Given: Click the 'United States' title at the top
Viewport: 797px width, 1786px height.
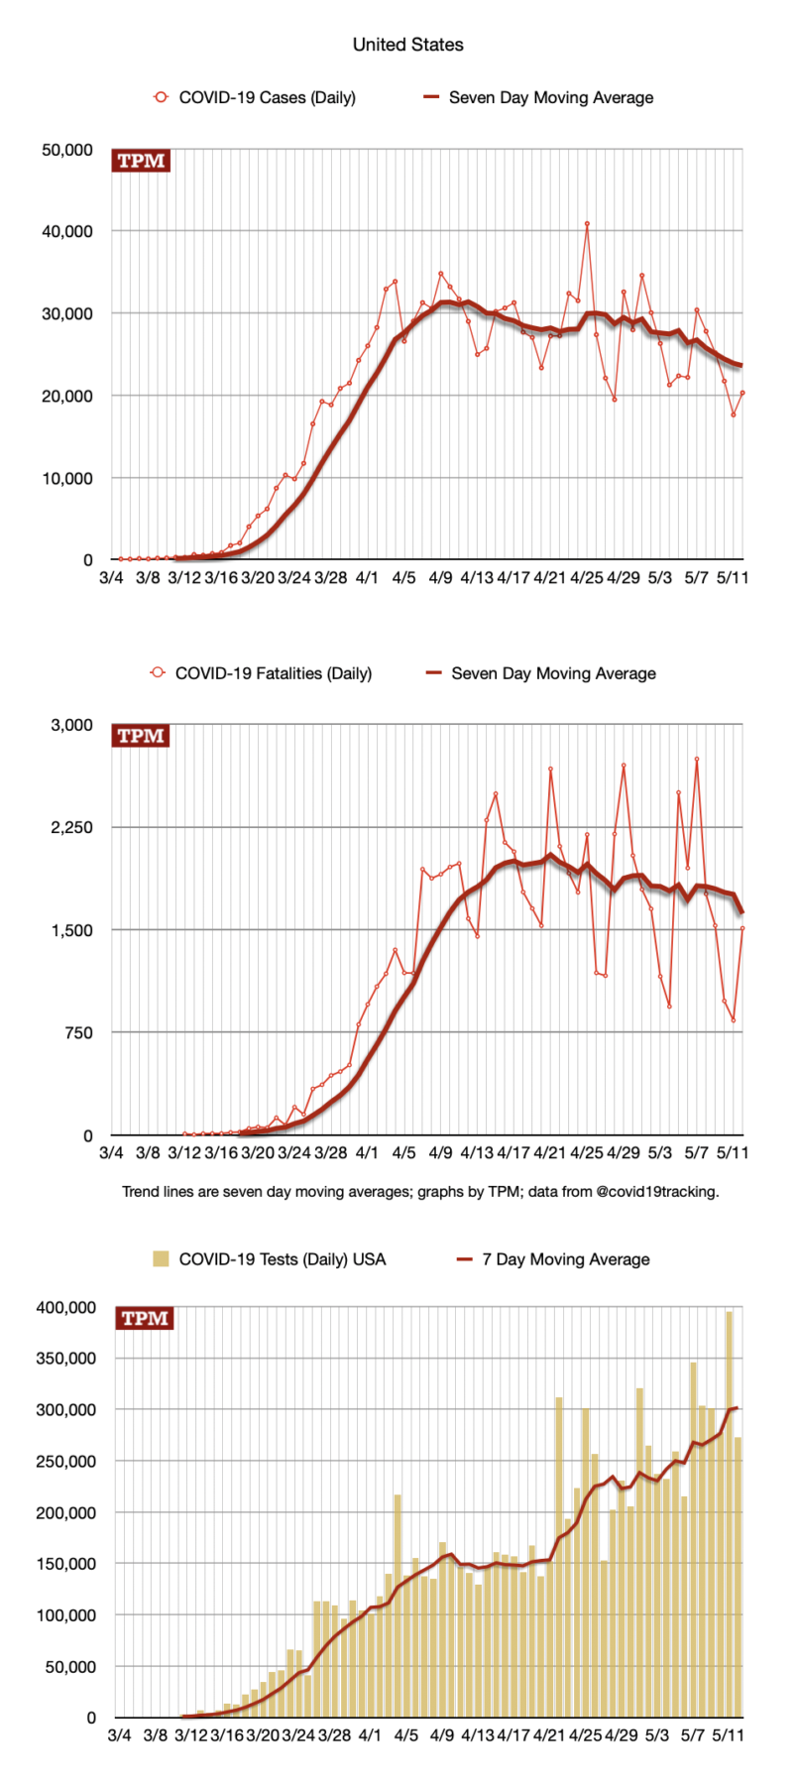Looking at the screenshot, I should pos(407,45).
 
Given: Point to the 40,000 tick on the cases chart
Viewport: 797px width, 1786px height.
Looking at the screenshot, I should pos(67,231).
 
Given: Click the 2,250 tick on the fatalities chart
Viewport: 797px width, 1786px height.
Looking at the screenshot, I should pos(71,827).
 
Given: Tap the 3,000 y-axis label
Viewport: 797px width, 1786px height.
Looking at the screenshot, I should pos(71,725).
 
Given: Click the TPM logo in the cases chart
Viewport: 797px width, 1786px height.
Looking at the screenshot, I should pos(141,161).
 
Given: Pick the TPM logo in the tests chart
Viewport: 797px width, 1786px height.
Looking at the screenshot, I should pos(145,1318).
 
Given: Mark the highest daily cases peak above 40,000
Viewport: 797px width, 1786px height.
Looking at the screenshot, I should pos(587,224).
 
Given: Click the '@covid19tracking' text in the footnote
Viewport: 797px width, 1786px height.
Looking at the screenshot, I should pos(657,1191).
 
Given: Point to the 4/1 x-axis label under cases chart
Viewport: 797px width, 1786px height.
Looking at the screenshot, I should pos(367,577).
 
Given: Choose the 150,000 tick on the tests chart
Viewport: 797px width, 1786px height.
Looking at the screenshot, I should pos(63,1564).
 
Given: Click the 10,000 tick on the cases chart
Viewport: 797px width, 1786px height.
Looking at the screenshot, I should pos(67,478).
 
